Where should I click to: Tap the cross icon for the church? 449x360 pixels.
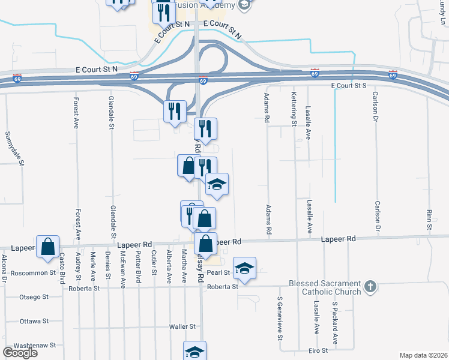(370, 287)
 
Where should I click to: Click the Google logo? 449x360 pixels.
(20, 352)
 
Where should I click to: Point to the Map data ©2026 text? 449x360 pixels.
(423, 355)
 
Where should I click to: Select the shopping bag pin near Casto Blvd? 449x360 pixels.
(47, 247)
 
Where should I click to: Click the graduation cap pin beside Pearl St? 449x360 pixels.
(244, 269)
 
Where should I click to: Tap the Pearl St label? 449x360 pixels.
(219, 272)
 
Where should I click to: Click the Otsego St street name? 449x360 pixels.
(34, 296)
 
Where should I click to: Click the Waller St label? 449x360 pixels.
(182, 326)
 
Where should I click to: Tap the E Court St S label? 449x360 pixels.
(349, 86)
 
